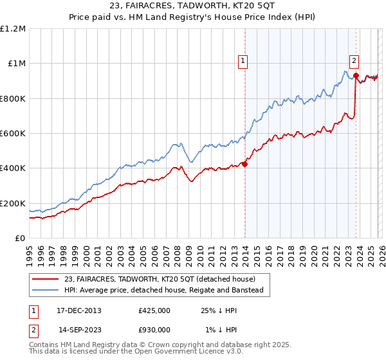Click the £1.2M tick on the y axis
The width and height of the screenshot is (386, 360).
(13, 29)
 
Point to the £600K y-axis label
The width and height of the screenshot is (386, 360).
(13, 134)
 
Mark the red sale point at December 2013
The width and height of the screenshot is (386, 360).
(245, 164)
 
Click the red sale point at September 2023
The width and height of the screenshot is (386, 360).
(356, 76)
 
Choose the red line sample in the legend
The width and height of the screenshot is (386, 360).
(46, 279)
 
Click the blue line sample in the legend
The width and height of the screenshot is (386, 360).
(46, 291)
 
